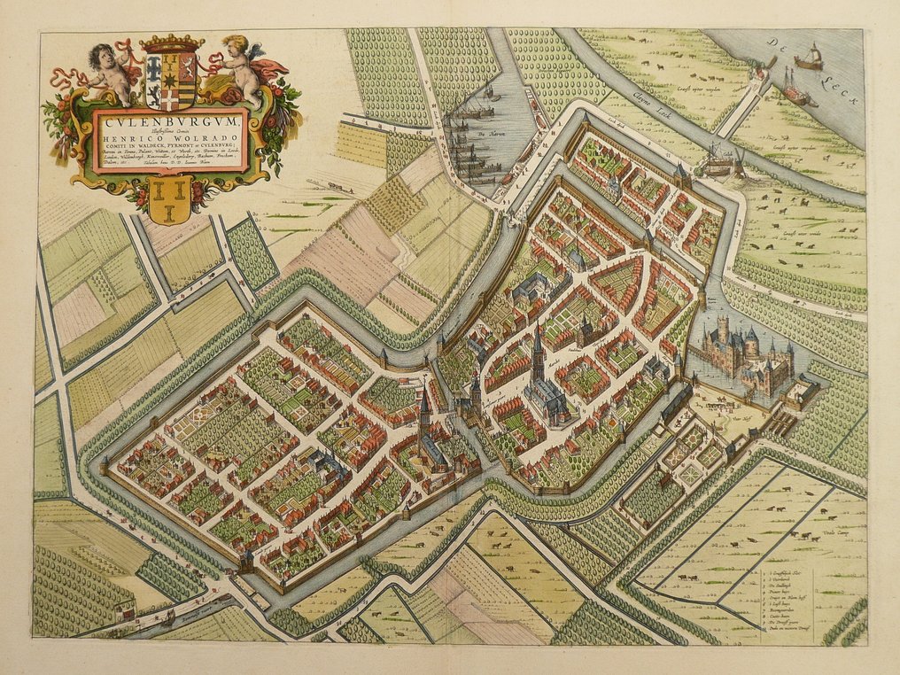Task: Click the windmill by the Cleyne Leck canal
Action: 718,160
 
